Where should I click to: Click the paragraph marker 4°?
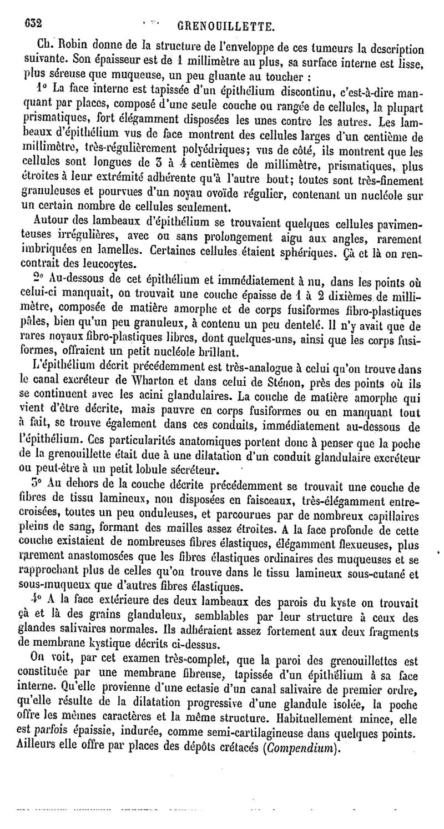click(36, 599)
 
